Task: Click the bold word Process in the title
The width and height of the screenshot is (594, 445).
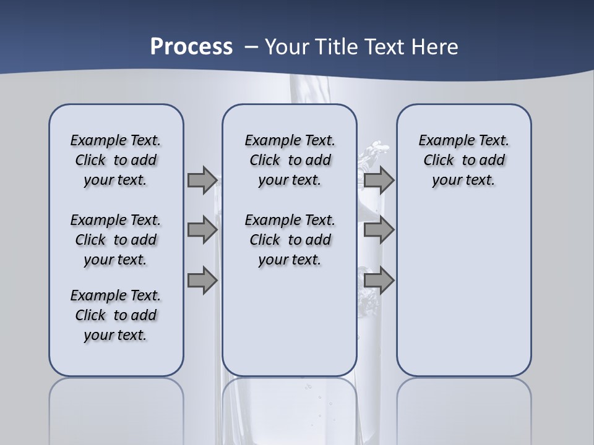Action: [x=191, y=47]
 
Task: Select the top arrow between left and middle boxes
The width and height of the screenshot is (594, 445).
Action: [x=202, y=180]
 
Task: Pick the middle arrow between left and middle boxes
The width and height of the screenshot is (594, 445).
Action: [x=202, y=230]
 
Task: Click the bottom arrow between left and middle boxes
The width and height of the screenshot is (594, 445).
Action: [x=202, y=281]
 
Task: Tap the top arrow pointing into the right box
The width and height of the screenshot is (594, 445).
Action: [x=379, y=180]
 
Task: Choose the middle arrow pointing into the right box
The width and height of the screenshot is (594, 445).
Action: [x=379, y=230]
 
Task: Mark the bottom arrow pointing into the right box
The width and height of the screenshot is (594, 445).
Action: [x=379, y=281]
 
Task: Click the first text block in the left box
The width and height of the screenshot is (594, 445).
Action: [x=116, y=160]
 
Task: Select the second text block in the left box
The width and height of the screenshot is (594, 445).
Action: [x=116, y=240]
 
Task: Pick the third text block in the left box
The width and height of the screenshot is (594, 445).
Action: [x=116, y=315]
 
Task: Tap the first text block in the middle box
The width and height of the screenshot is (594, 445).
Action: [x=290, y=160]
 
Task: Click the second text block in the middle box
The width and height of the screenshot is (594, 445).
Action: [x=290, y=240]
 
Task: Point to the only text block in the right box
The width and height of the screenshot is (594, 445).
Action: [x=463, y=160]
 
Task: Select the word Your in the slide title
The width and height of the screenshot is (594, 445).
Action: [x=285, y=47]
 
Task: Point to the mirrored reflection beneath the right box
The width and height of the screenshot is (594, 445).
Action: [x=463, y=408]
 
